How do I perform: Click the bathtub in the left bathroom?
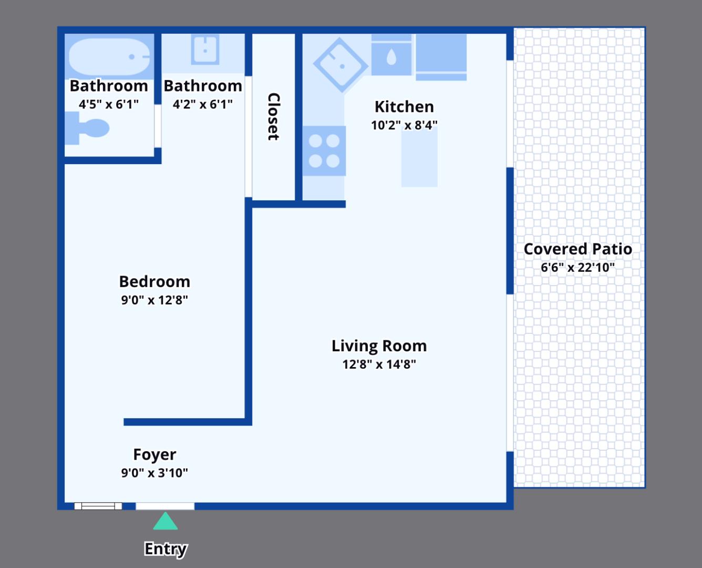click(109, 57)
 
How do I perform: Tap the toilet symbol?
click(89, 128)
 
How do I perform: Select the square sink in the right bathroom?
click(205, 49)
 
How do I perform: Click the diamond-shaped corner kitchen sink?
click(340, 65)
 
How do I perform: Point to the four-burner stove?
click(324, 151)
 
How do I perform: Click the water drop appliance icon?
click(391, 57)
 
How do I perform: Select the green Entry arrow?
click(166, 522)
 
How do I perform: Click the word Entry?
click(166, 549)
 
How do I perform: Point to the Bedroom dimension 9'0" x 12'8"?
click(154, 300)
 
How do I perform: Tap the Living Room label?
click(379, 346)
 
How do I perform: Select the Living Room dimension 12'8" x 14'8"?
click(379, 364)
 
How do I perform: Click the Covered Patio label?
click(577, 249)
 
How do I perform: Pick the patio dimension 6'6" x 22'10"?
click(577, 267)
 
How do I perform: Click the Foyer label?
click(154, 454)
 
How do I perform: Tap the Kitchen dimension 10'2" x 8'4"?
click(404, 125)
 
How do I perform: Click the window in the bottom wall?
click(98, 506)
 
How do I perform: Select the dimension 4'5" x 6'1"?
click(109, 104)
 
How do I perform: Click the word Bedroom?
click(154, 281)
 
